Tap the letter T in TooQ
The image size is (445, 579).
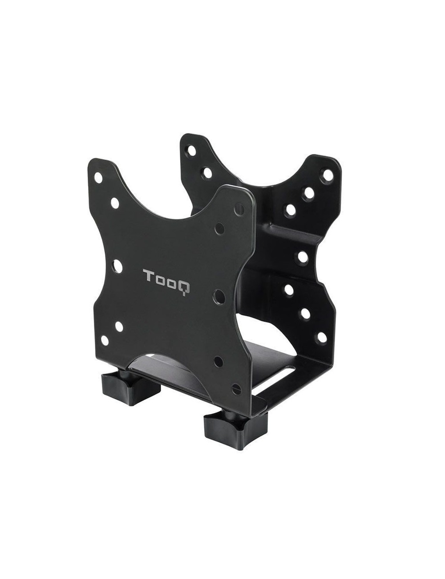click(x=148, y=275)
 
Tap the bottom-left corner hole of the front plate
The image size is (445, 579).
click(x=105, y=341)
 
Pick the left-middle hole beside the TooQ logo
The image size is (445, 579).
click(x=118, y=266)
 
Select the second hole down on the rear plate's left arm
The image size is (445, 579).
click(x=206, y=171)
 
